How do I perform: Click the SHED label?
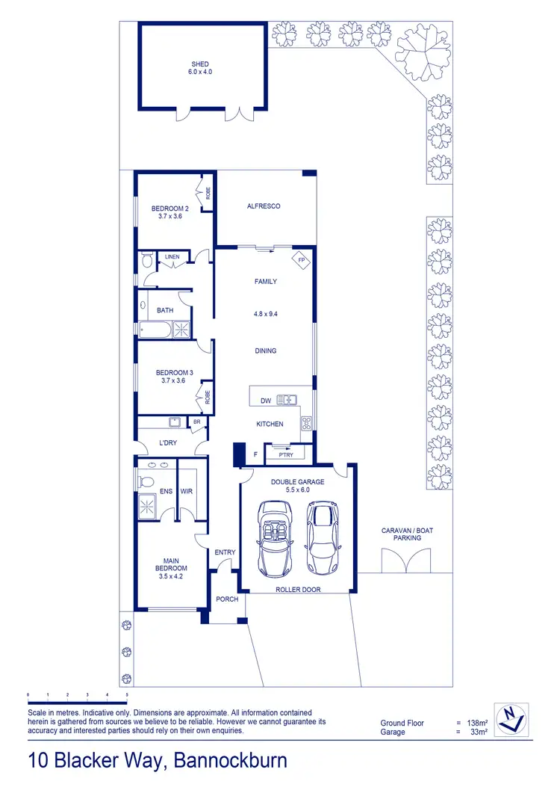[x=199, y=65]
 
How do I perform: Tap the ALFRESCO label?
[x=264, y=206]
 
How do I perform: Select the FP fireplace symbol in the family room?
[x=302, y=261]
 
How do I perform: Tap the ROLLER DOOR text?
[x=297, y=589]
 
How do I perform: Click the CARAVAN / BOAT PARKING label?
[x=407, y=534]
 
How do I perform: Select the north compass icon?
[x=510, y=718]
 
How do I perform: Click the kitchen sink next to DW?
[x=287, y=401]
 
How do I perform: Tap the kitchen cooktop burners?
[x=306, y=424]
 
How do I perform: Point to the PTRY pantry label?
[x=285, y=454]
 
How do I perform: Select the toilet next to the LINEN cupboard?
[x=146, y=261]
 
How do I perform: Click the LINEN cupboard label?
[x=172, y=257]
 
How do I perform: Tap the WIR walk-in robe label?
[x=187, y=491]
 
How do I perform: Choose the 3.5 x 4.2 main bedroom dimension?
[x=171, y=576]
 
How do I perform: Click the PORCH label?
[x=227, y=599]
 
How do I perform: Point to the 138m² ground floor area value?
[x=477, y=723]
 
